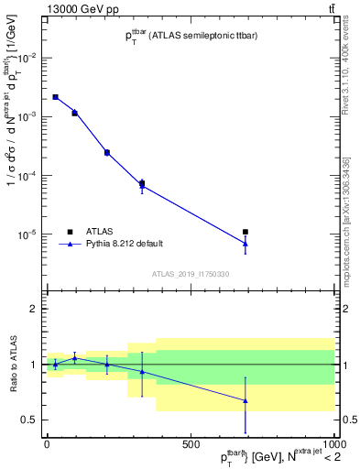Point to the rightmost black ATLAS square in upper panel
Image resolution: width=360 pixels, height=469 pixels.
click(245, 232)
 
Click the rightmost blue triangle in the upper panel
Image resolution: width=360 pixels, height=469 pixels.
click(245, 244)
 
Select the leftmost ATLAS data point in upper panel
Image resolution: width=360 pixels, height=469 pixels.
click(55, 97)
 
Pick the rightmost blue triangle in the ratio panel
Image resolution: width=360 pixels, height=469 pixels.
click(245, 400)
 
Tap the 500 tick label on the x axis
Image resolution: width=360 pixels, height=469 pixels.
click(191, 444)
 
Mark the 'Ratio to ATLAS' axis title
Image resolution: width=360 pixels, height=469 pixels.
click(12, 365)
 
